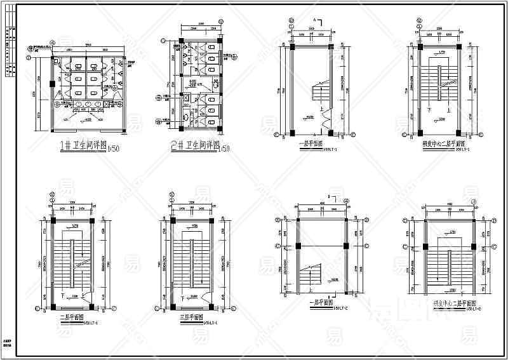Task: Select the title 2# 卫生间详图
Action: pos(193,146)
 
